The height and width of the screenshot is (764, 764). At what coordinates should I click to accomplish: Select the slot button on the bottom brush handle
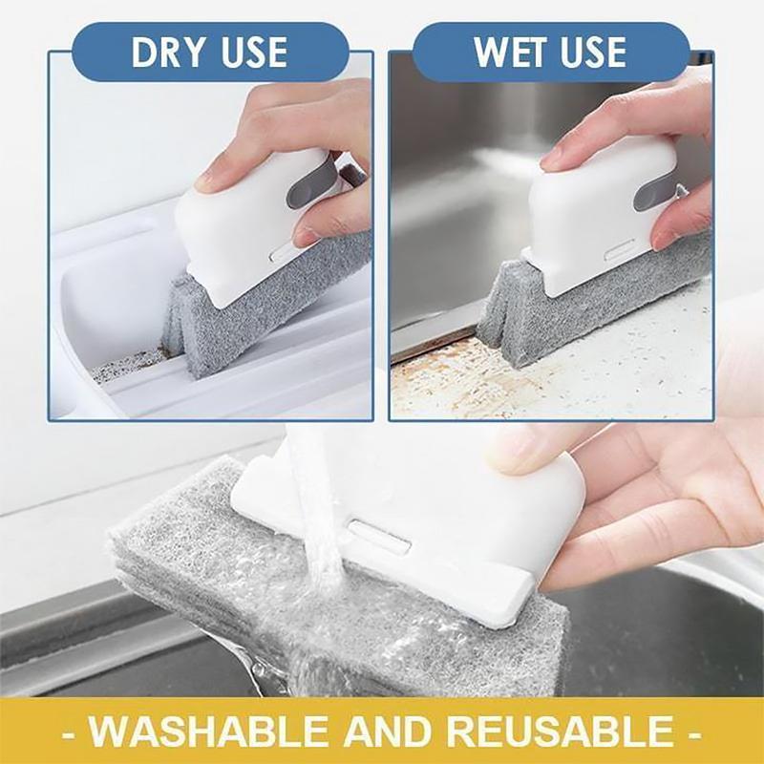pyautogui.click(x=379, y=537)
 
